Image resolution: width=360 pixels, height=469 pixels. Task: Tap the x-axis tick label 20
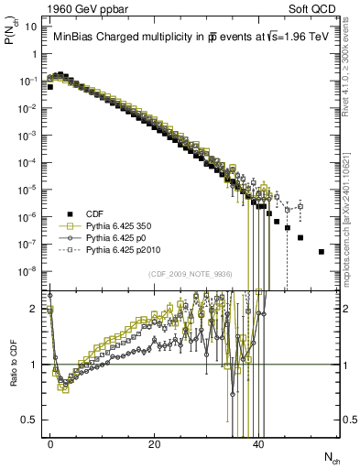point(155,444)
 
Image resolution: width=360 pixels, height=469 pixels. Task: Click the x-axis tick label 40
point(258,444)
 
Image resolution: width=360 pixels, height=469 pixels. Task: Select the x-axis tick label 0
point(50,444)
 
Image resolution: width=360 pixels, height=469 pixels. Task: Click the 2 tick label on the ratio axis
point(36,309)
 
